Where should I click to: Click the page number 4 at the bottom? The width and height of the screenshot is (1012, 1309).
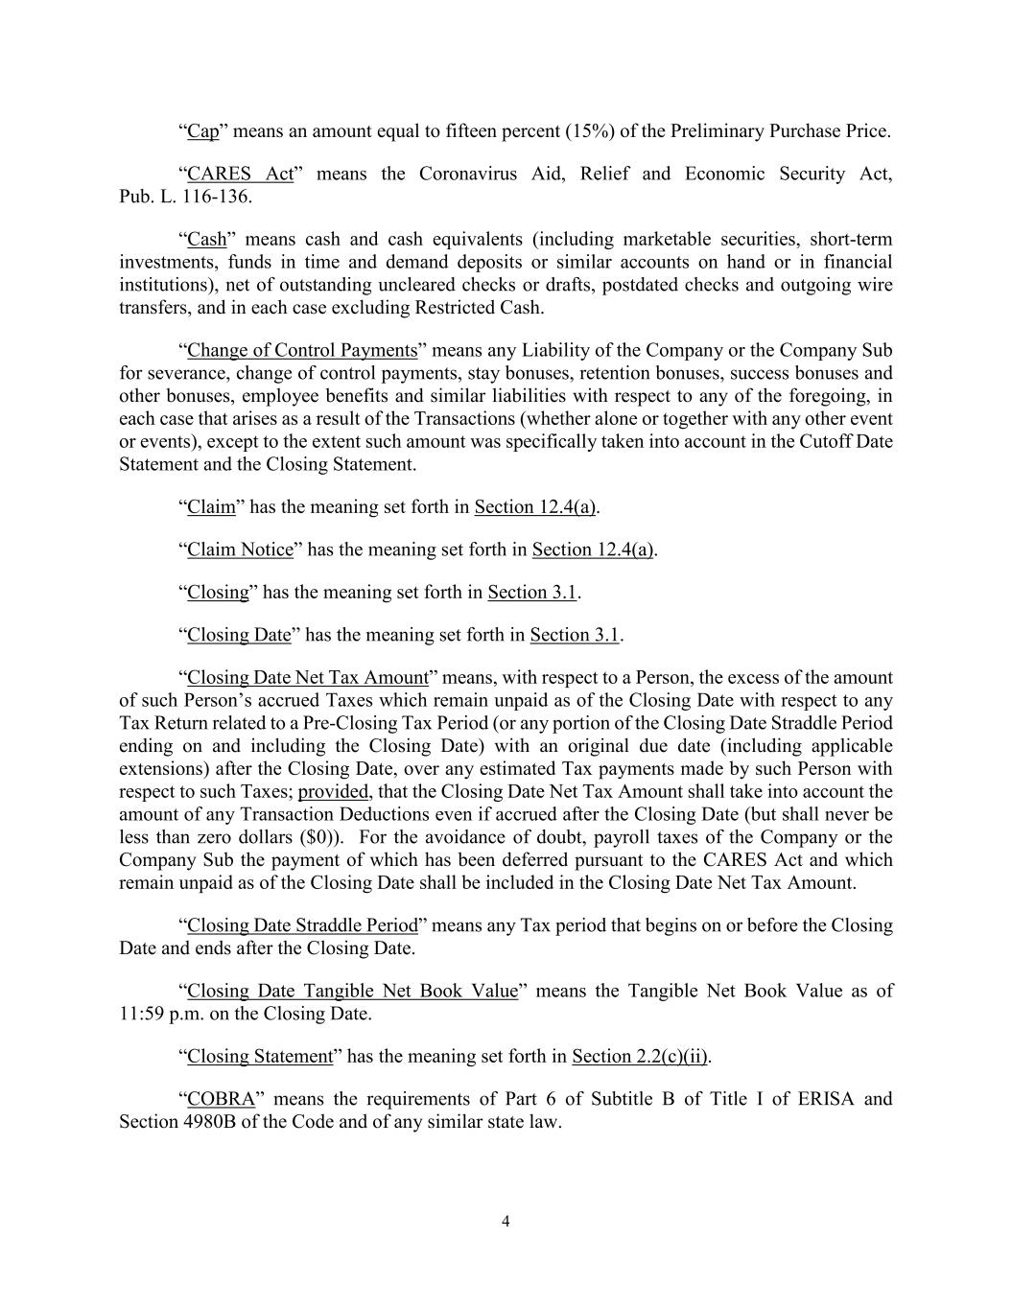pos(506,1221)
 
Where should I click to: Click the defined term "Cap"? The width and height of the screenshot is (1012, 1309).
pos(202,131)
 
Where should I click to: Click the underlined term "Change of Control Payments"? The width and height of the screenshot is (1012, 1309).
pos(302,350)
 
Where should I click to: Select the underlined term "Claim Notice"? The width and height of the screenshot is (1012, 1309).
pos(240,549)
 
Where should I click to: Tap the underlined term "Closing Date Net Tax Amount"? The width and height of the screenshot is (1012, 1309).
pos(307,677)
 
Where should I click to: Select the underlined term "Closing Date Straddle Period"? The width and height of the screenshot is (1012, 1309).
pos(302,925)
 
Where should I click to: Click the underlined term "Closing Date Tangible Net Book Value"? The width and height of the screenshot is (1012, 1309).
pos(352,991)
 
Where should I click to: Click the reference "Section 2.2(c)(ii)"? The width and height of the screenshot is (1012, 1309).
pos(640,1057)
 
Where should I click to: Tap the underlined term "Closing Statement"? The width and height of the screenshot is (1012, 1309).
pos(259,1057)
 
